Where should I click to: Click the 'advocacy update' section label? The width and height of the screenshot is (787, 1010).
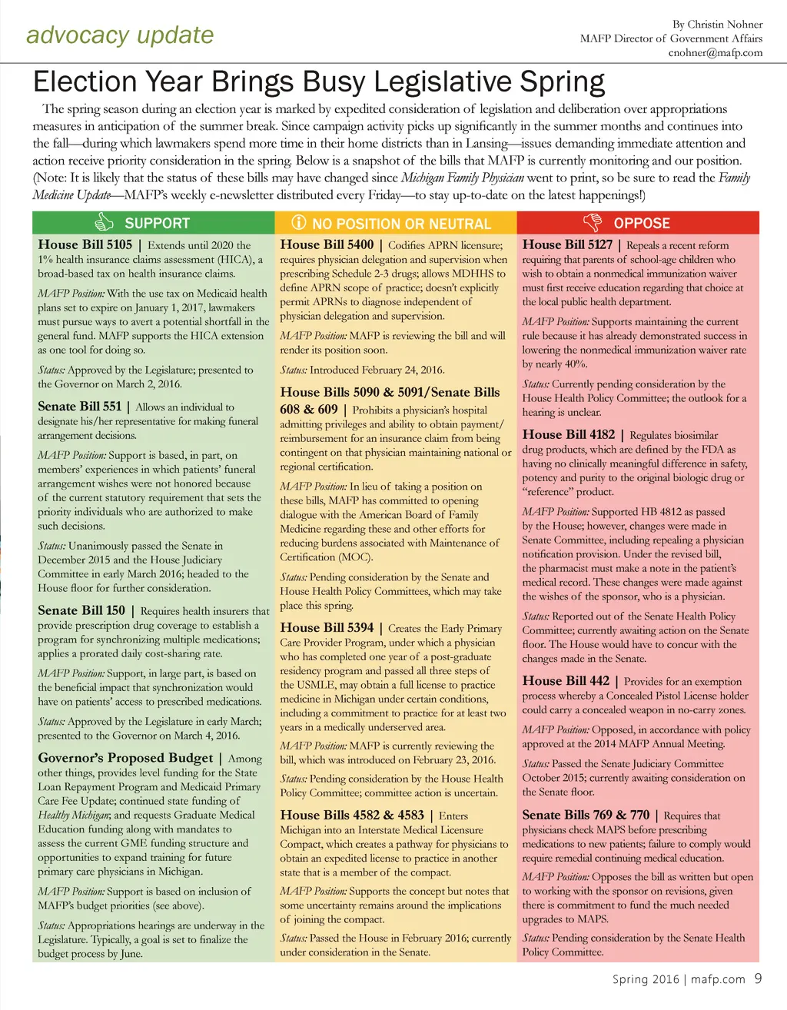coord(120,35)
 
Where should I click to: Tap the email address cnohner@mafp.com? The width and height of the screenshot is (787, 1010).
coord(715,52)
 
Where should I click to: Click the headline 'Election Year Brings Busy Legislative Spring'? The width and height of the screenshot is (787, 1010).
coord(319,81)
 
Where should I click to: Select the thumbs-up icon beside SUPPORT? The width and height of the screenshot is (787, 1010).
coord(104,223)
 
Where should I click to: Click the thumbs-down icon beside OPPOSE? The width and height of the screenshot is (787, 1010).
coord(592,223)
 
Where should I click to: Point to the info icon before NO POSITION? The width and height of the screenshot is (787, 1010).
coord(299,223)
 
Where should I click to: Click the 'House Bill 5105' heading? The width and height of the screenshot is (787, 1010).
coord(85,244)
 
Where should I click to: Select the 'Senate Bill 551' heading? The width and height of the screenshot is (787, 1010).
coord(79,406)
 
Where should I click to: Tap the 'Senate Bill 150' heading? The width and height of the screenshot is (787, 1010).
coord(81,610)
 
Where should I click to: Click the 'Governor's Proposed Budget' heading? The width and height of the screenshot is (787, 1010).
coord(125,757)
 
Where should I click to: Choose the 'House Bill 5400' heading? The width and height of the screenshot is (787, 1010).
coord(327,244)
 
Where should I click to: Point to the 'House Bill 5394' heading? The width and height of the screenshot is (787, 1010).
coord(327,627)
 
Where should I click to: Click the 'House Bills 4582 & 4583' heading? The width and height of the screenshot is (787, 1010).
coord(352,815)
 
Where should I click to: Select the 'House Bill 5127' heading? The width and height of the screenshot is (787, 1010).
coord(567,244)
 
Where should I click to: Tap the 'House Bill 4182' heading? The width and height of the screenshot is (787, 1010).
coord(568,434)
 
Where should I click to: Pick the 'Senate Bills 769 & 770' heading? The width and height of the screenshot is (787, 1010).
coord(586,815)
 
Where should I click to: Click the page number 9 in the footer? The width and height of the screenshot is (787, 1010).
coord(758,978)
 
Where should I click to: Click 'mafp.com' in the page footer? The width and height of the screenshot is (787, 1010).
coord(718,979)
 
